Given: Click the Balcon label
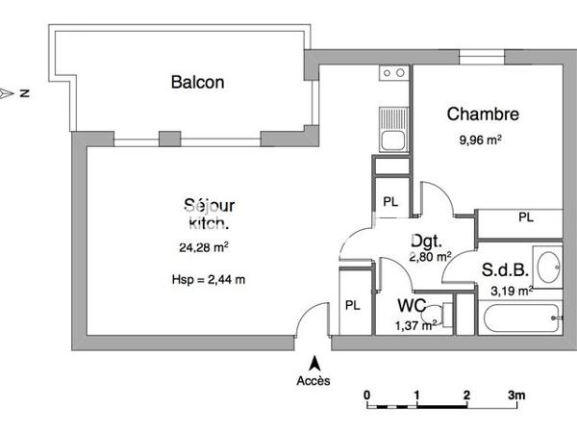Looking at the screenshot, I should [197, 83].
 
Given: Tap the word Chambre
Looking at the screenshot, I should [483, 115].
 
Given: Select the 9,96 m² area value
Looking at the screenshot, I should [481, 140].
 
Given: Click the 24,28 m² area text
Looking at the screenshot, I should [205, 247].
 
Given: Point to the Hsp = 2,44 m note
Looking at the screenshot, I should [202, 280].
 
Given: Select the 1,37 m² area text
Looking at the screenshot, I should [416, 326].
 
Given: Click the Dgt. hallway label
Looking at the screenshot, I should [426, 241].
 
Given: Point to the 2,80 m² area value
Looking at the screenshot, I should [430, 257].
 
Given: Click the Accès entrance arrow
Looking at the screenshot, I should [314, 363].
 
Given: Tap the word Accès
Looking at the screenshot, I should [314, 380].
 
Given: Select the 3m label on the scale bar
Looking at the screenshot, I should [516, 395].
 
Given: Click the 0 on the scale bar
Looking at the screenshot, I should [366, 395].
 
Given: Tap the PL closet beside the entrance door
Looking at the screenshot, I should [352, 304].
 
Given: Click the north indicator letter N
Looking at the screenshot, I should [27, 93].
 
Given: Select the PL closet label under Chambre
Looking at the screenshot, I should [525, 217].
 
